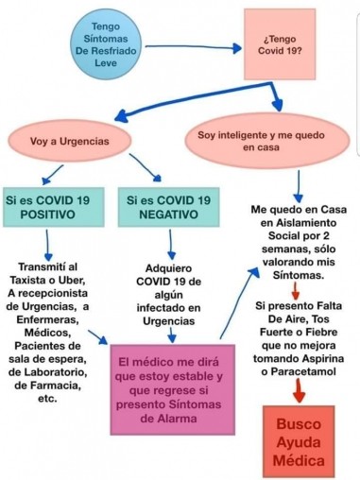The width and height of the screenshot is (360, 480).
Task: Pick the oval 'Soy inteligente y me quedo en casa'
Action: coord(267,141)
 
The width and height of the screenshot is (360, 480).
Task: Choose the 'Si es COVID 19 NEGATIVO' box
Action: coord(169,208)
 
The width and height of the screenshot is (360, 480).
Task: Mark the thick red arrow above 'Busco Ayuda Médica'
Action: coord(299,390)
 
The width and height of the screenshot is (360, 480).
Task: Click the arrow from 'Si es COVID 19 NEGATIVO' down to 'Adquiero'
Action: coord(171,243)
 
